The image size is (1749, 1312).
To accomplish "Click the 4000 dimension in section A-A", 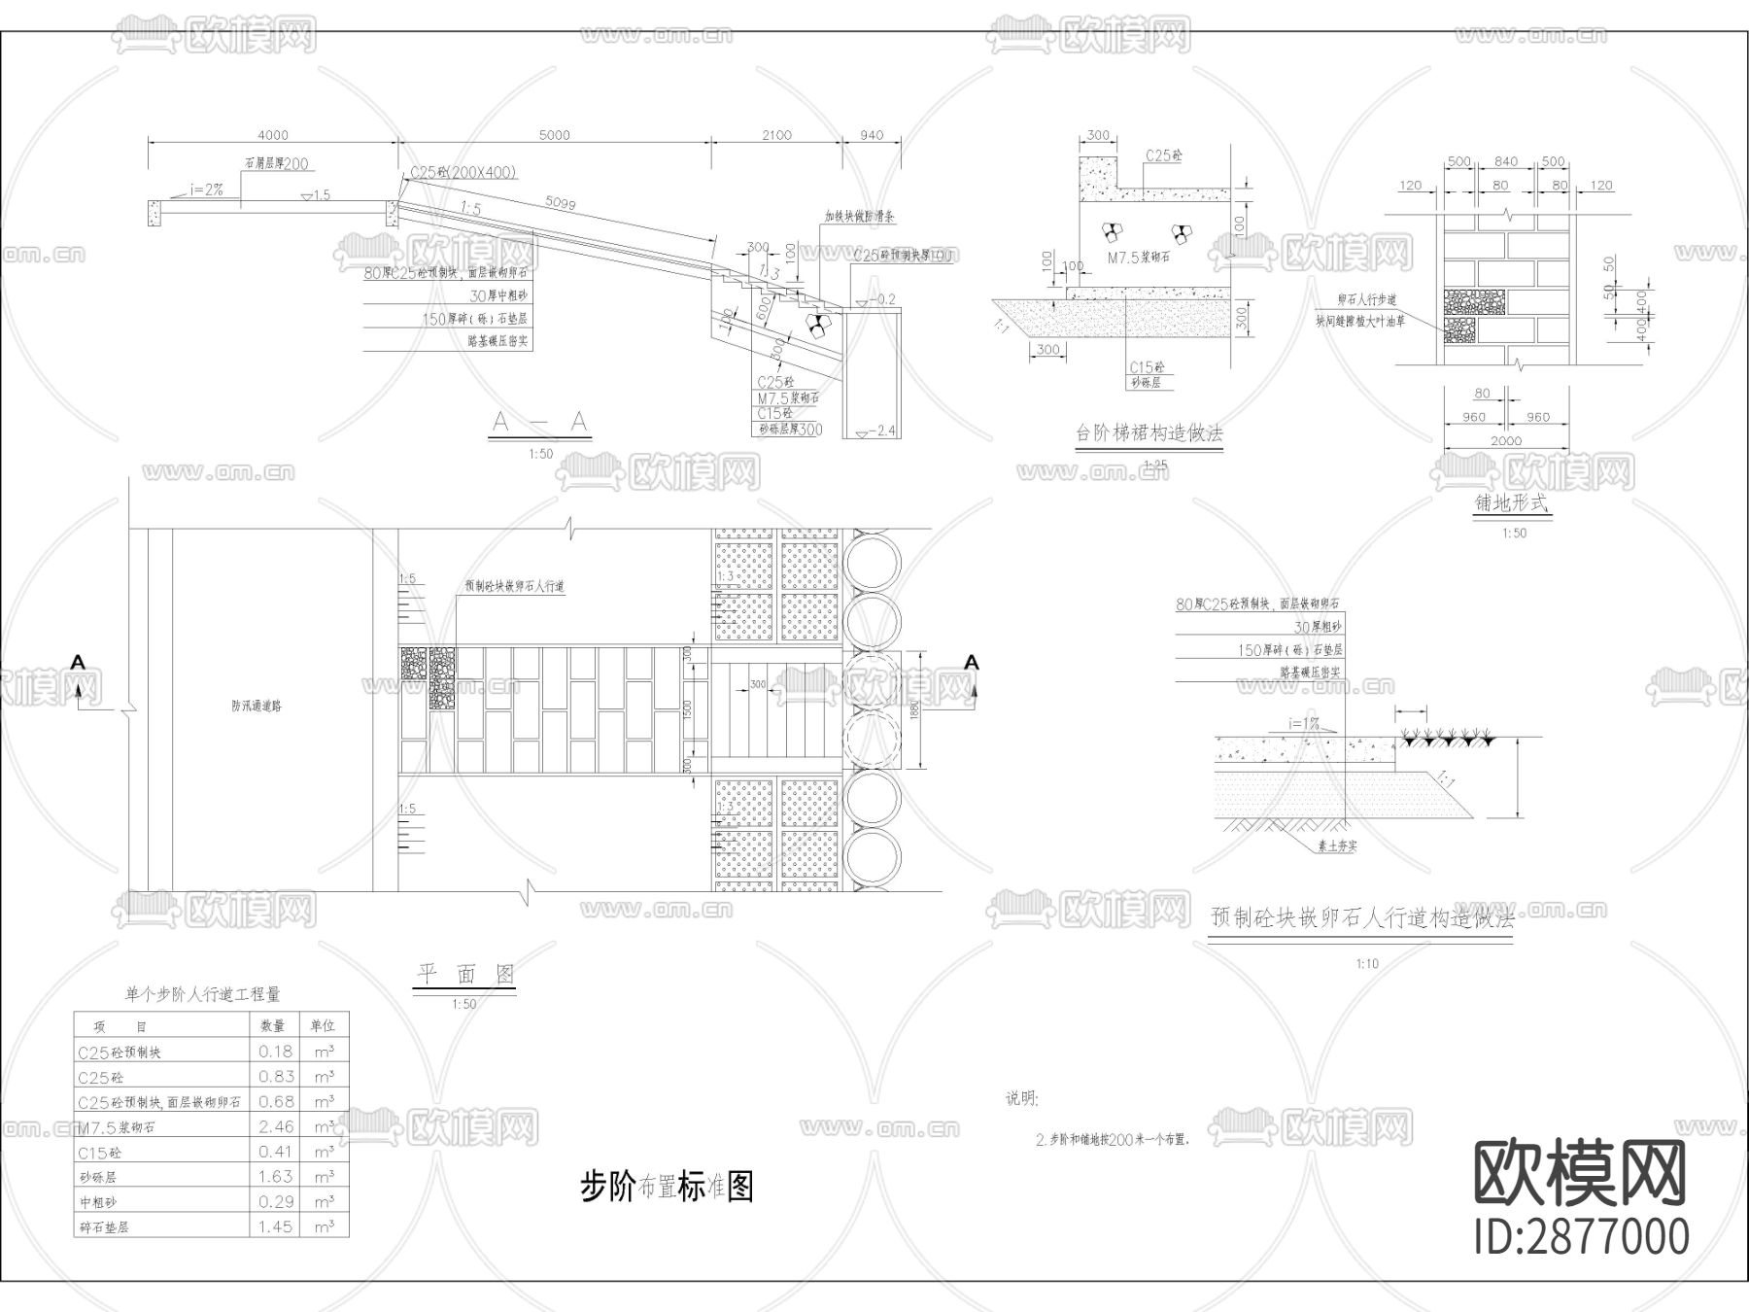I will click(x=273, y=135).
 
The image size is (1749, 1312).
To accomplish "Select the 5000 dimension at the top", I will click(x=554, y=135).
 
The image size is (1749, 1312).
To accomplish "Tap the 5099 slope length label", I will click(x=560, y=204).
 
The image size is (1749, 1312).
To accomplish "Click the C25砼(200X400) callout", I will click(x=463, y=173).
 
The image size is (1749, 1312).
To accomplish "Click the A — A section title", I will click(x=540, y=422).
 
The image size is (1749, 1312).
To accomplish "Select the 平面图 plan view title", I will click(x=464, y=974).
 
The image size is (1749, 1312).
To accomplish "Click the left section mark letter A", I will click(x=78, y=663).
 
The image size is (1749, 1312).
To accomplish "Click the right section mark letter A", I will click(x=971, y=663).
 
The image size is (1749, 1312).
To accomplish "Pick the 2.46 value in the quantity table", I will click(x=276, y=1127).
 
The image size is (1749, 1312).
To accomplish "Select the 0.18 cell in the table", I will click(x=276, y=1052).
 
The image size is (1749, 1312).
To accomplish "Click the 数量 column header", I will click(x=273, y=1026).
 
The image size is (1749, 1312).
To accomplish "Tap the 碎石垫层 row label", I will click(x=104, y=1227).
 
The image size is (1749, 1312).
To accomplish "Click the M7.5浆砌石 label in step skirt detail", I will click(x=1139, y=259).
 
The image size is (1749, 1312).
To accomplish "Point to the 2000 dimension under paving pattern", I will click(x=1505, y=441).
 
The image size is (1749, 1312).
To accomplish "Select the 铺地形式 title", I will click(x=1512, y=503).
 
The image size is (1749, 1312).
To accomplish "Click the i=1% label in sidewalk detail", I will click(x=1303, y=723).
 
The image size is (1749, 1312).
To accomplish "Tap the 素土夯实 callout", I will click(x=1337, y=846).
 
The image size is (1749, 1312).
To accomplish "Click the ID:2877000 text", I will click(x=1582, y=1237).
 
